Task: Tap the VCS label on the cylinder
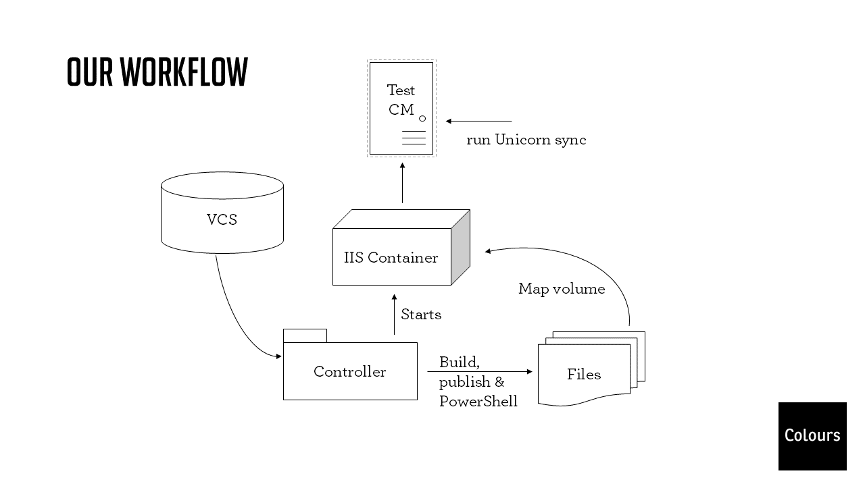click(x=222, y=219)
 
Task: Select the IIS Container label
click(x=391, y=257)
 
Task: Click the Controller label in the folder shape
click(x=349, y=371)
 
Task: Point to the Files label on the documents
click(x=584, y=374)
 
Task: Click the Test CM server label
click(x=401, y=100)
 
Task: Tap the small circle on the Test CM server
click(x=422, y=119)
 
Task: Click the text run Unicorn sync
click(x=526, y=140)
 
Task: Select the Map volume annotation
click(x=562, y=289)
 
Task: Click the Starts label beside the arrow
click(x=421, y=315)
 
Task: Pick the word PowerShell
click(x=478, y=402)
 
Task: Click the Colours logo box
click(x=812, y=435)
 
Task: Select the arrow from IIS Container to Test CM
click(x=402, y=183)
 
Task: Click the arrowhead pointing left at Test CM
click(x=449, y=122)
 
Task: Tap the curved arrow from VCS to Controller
click(x=234, y=317)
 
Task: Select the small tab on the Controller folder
click(x=305, y=335)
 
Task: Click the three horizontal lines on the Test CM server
click(x=414, y=138)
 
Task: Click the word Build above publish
click(x=458, y=362)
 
